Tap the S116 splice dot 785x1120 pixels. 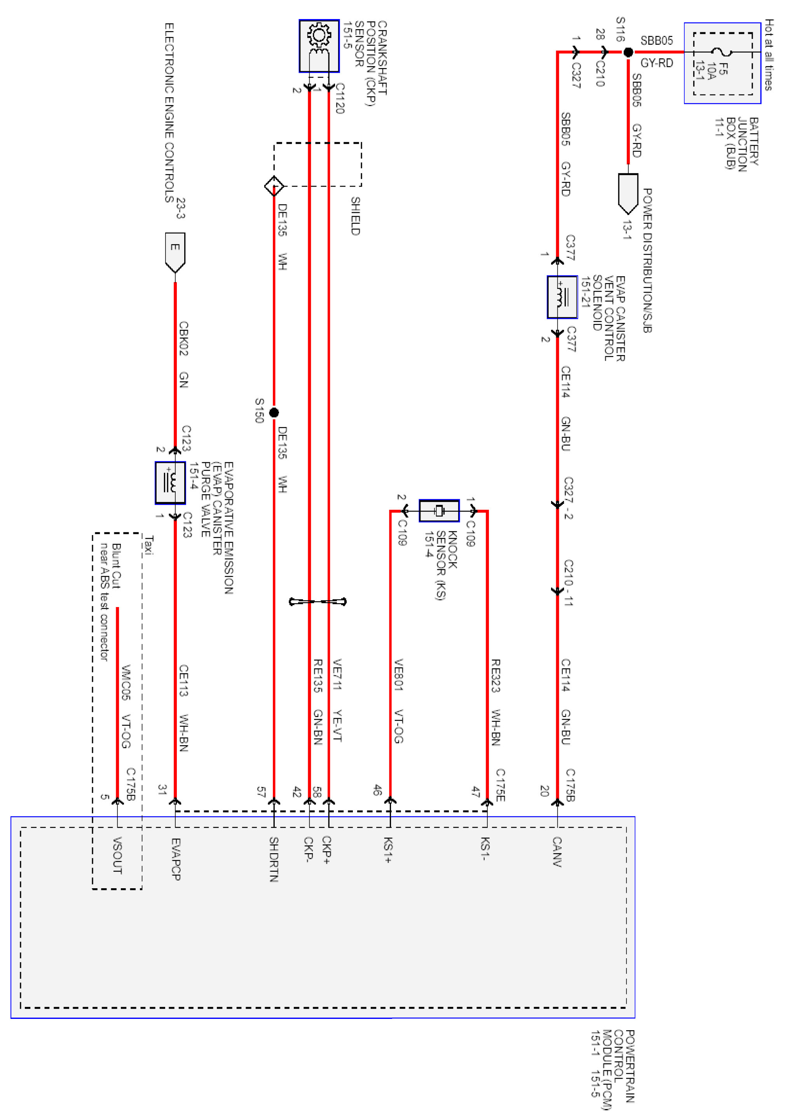coord(628,52)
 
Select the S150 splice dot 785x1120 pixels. coord(274,413)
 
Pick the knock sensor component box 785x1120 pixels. coord(439,511)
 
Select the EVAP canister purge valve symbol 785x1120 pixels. coord(170,483)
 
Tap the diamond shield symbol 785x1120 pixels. coord(274,186)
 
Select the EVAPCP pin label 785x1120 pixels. coord(176,859)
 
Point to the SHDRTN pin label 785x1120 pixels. coord(274,859)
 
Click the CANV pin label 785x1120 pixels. coord(557,852)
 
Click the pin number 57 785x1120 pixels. coord(261,792)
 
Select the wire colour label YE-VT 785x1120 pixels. coord(337,725)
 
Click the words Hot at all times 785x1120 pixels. coord(768,54)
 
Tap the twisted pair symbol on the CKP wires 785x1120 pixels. coord(318,602)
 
